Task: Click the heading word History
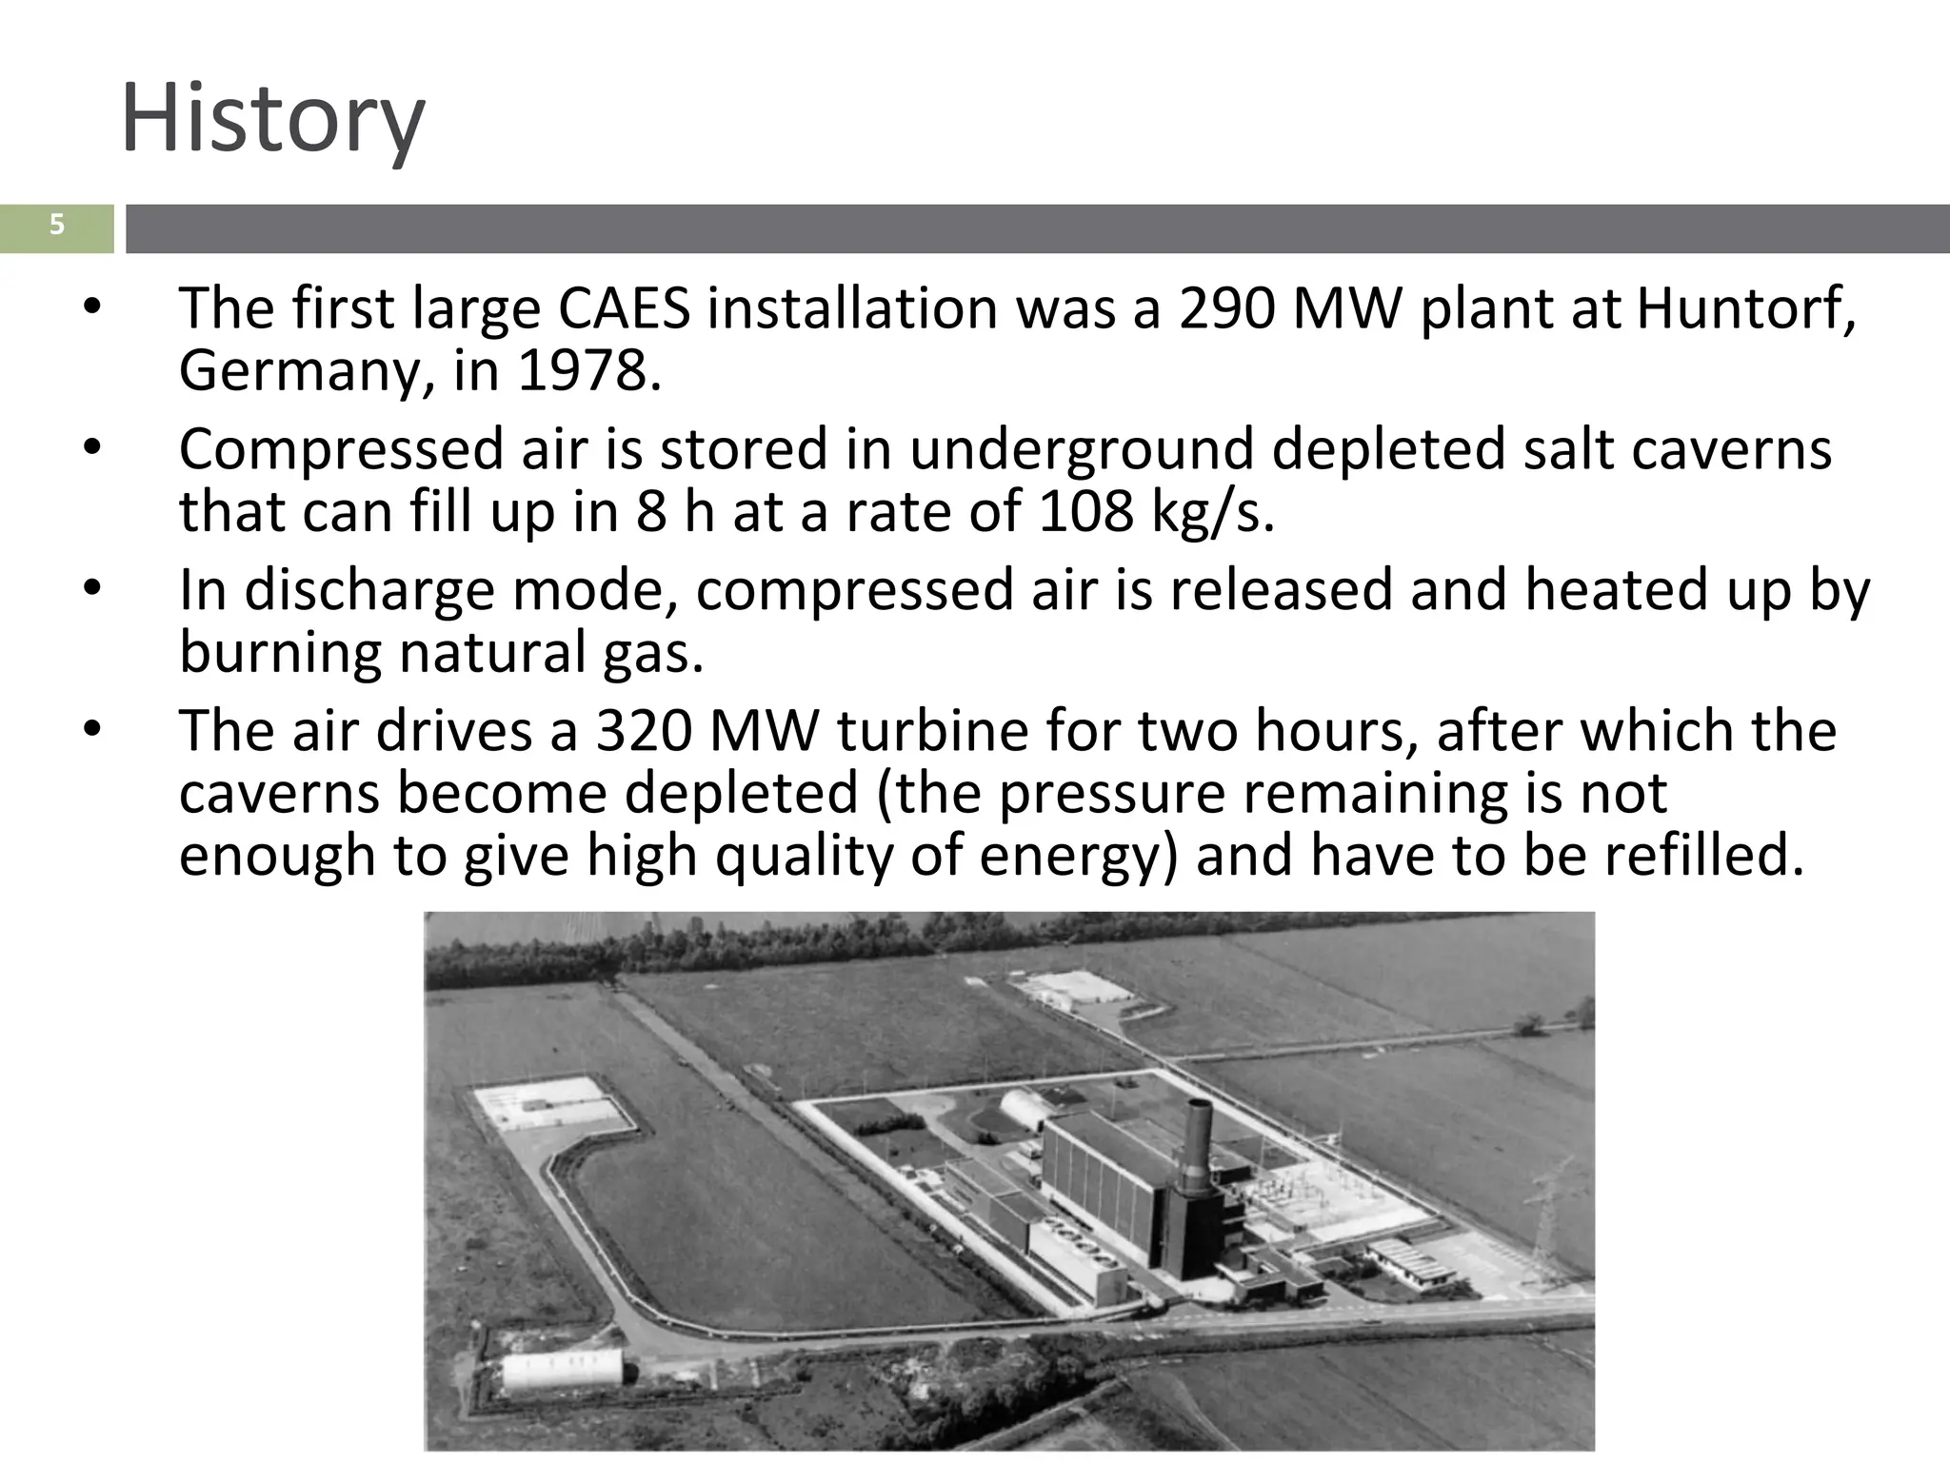(272, 120)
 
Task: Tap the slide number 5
(57, 226)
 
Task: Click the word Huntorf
(1744, 308)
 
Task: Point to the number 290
(1226, 308)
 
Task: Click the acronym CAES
(624, 308)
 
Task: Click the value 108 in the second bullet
(1085, 511)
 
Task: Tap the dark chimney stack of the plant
(1196, 1142)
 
